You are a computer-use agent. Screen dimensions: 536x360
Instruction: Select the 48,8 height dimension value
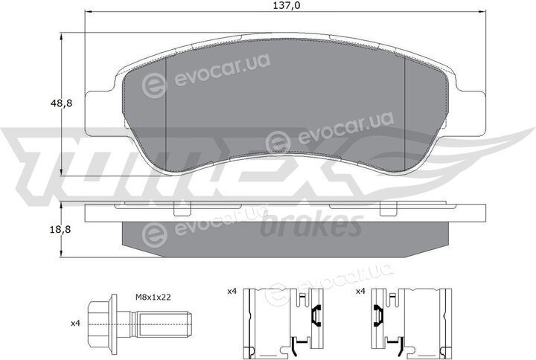point(62,103)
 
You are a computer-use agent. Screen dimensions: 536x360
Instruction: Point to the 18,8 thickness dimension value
point(62,230)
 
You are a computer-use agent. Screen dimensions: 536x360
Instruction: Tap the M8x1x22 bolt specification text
point(153,298)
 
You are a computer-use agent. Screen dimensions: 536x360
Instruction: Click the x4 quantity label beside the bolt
point(75,323)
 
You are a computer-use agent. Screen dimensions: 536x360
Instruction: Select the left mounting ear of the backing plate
point(99,113)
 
